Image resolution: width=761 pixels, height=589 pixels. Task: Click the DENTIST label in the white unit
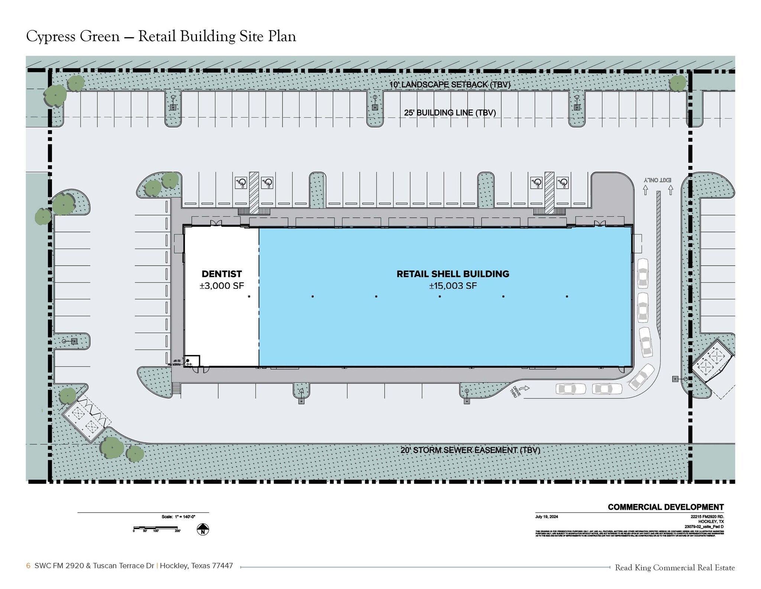pos(221,274)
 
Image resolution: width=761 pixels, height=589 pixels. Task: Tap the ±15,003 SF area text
pos(453,286)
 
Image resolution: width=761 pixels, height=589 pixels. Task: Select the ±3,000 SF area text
pos(221,286)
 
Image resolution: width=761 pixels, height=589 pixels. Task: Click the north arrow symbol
pos(203,529)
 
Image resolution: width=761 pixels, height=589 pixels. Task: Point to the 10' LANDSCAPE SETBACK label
pos(450,84)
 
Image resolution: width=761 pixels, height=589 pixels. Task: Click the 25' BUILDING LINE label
pos(450,112)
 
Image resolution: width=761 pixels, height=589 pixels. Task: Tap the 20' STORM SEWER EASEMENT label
pos(470,450)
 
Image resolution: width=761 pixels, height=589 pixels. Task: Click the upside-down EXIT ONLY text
pos(658,180)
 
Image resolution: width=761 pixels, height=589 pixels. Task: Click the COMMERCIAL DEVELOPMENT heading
pos(666,507)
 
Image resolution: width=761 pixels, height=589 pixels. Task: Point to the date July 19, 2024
pos(547,516)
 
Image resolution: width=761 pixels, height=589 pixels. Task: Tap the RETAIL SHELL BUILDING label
pos(453,274)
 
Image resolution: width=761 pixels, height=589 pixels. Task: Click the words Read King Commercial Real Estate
pos(675,567)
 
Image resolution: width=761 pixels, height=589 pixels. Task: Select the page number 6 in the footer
pos(28,566)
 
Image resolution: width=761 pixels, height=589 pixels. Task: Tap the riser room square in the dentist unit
pos(192,361)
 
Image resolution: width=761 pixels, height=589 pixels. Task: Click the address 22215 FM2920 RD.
pos(707,517)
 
